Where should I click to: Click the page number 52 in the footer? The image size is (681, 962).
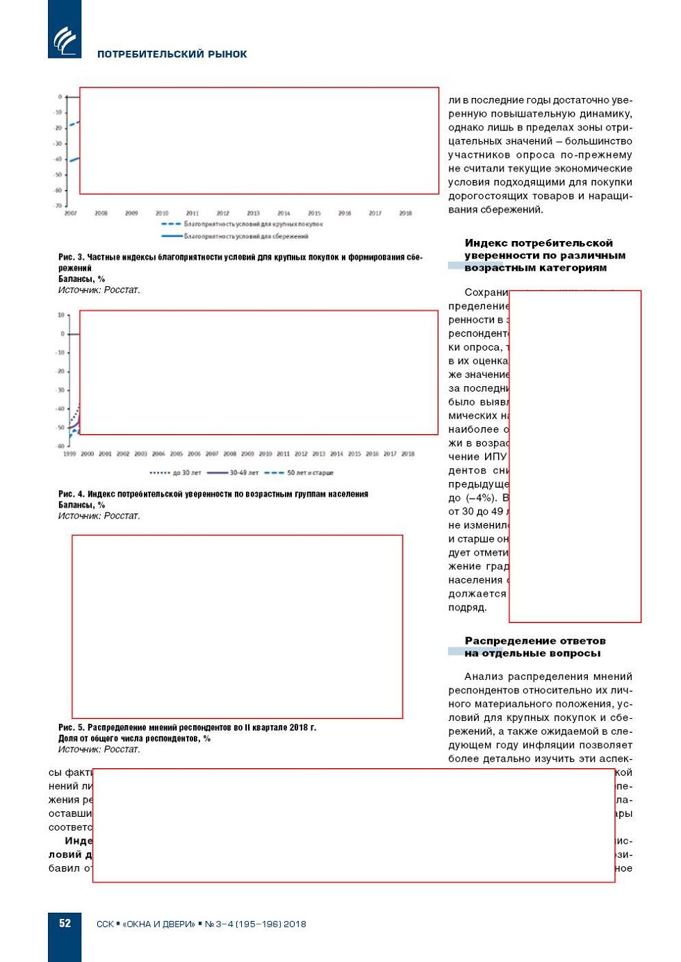pyautogui.click(x=65, y=923)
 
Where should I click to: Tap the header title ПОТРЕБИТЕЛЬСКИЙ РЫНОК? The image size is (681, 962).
pyautogui.click(x=172, y=54)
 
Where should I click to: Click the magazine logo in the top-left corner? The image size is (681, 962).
pyautogui.click(x=65, y=40)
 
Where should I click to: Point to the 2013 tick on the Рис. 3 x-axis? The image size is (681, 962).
pyautogui.click(x=253, y=213)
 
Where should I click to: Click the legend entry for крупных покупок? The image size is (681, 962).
pyautogui.click(x=243, y=224)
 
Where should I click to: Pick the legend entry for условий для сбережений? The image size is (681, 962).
pyautogui.click(x=236, y=236)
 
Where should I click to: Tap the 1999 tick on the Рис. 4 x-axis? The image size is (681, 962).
pyautogui.click(x=69, y=454)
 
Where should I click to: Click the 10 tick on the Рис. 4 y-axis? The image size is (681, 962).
pyautogui.click(x=60, y=315)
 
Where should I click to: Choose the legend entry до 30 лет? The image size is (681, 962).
pyautogui.click(x=176, y=473)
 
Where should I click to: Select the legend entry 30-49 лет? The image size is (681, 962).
pyautogui.click(x=233, y=473)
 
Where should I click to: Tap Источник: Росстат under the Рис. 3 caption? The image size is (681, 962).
pyautogui.click(x=99, y=290)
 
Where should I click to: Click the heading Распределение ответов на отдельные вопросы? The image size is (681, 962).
pyautogui.click(x=534, y=647)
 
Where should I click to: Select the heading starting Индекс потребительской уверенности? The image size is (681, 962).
pyautogui.click(x=539, y=255)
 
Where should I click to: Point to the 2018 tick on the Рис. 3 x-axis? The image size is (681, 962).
pyautogui.click(x=405, y=213)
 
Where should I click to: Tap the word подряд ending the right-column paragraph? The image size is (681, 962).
pyautogui.click(x=467, y=608)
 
